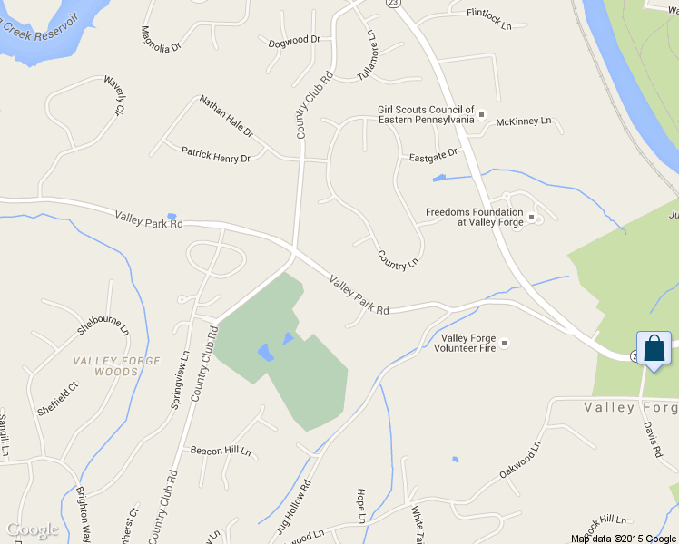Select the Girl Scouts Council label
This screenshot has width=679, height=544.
(x=426, y=114)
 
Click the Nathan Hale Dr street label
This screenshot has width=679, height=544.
(x=226, y=116)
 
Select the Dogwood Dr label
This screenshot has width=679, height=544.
(x=295, y=40)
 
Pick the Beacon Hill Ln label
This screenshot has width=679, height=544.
(x=220, y=451)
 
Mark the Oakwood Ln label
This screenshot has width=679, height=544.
(x=519, y=461)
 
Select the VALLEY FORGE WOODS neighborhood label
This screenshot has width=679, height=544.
(x=105, y=366)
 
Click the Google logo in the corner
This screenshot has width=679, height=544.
(x=32, y=529)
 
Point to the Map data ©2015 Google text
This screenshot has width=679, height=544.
(x=623, y=539)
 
